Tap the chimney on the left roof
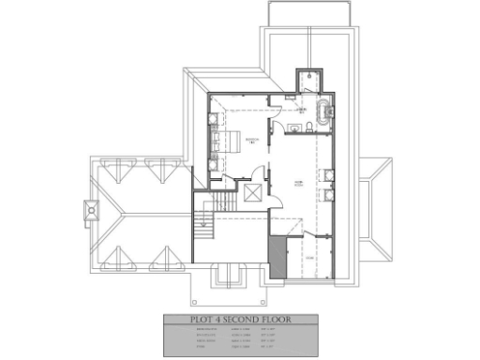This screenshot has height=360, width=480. tap(91, 211)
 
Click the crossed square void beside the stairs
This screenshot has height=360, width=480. tap(253, 193)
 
